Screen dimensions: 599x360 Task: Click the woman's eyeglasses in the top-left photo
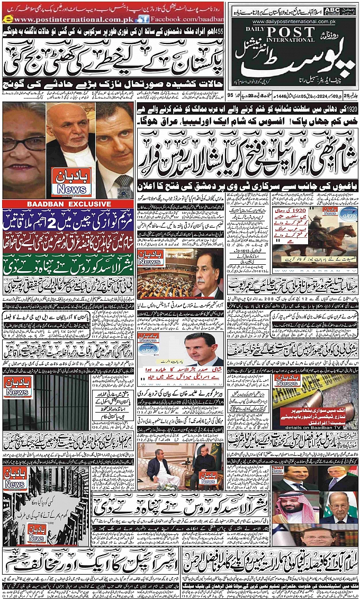click(x=24, y=143)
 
